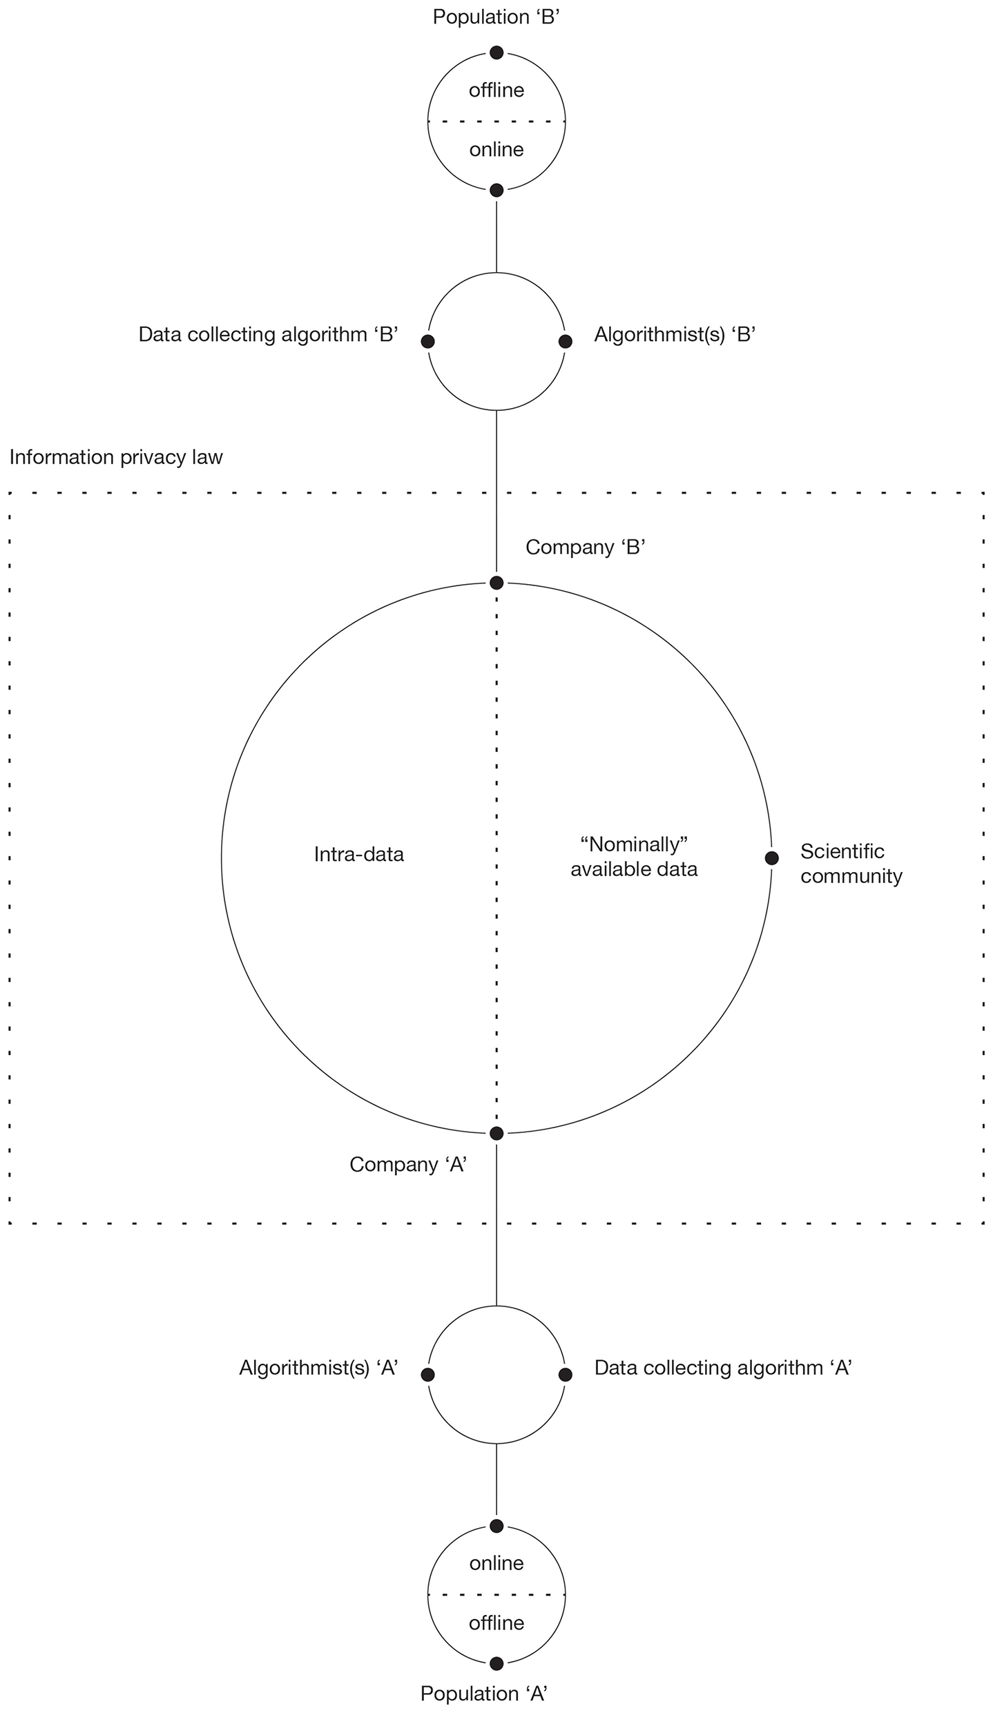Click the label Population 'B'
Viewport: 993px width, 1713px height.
(x=495, y=17)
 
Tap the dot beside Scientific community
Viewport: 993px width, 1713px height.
(x=771, y=858)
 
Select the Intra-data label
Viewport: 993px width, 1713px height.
(x=358, y=855)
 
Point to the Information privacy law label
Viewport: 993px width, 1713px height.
(x=116, y=457)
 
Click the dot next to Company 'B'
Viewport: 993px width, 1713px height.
(x=496, y=583)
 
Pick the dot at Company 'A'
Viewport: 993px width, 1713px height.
(x=496, y=1133)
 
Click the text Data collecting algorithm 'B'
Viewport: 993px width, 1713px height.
(x=269, y=335)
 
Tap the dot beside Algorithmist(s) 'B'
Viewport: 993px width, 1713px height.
(x=565, y=341)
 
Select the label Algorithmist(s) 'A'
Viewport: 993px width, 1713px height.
(x=318, y=1368)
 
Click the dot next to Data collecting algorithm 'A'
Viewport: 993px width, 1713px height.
(x=565, y=1374)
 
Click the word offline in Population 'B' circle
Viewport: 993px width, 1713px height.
(x=496, y=90)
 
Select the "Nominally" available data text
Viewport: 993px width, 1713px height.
(x=634, y=856)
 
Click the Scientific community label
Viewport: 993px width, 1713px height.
(x=851, y=864)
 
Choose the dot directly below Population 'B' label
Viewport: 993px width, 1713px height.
(x=496, y=52)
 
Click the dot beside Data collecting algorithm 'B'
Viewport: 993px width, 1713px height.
(x=427, y=341)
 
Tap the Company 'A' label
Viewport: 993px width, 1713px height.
(x=409, y=1165)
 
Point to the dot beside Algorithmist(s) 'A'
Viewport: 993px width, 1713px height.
(x=427, y=1374)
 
